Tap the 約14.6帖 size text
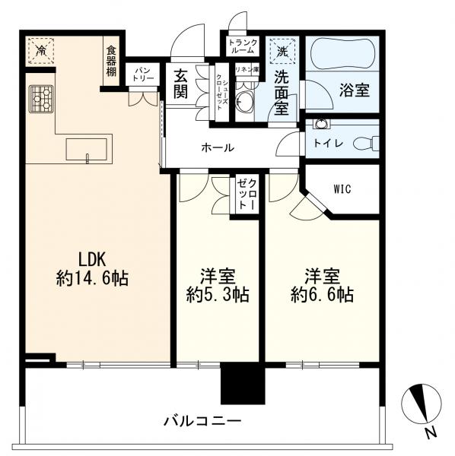(x=92, y=278)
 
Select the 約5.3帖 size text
(x=218, y=294)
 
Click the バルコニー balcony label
(x=202, y=420)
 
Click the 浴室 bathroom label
(x=355, y=90)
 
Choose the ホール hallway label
(x=218, y=148)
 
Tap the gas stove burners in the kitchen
(x=40, y=97)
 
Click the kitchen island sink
(x=88, y=149)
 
